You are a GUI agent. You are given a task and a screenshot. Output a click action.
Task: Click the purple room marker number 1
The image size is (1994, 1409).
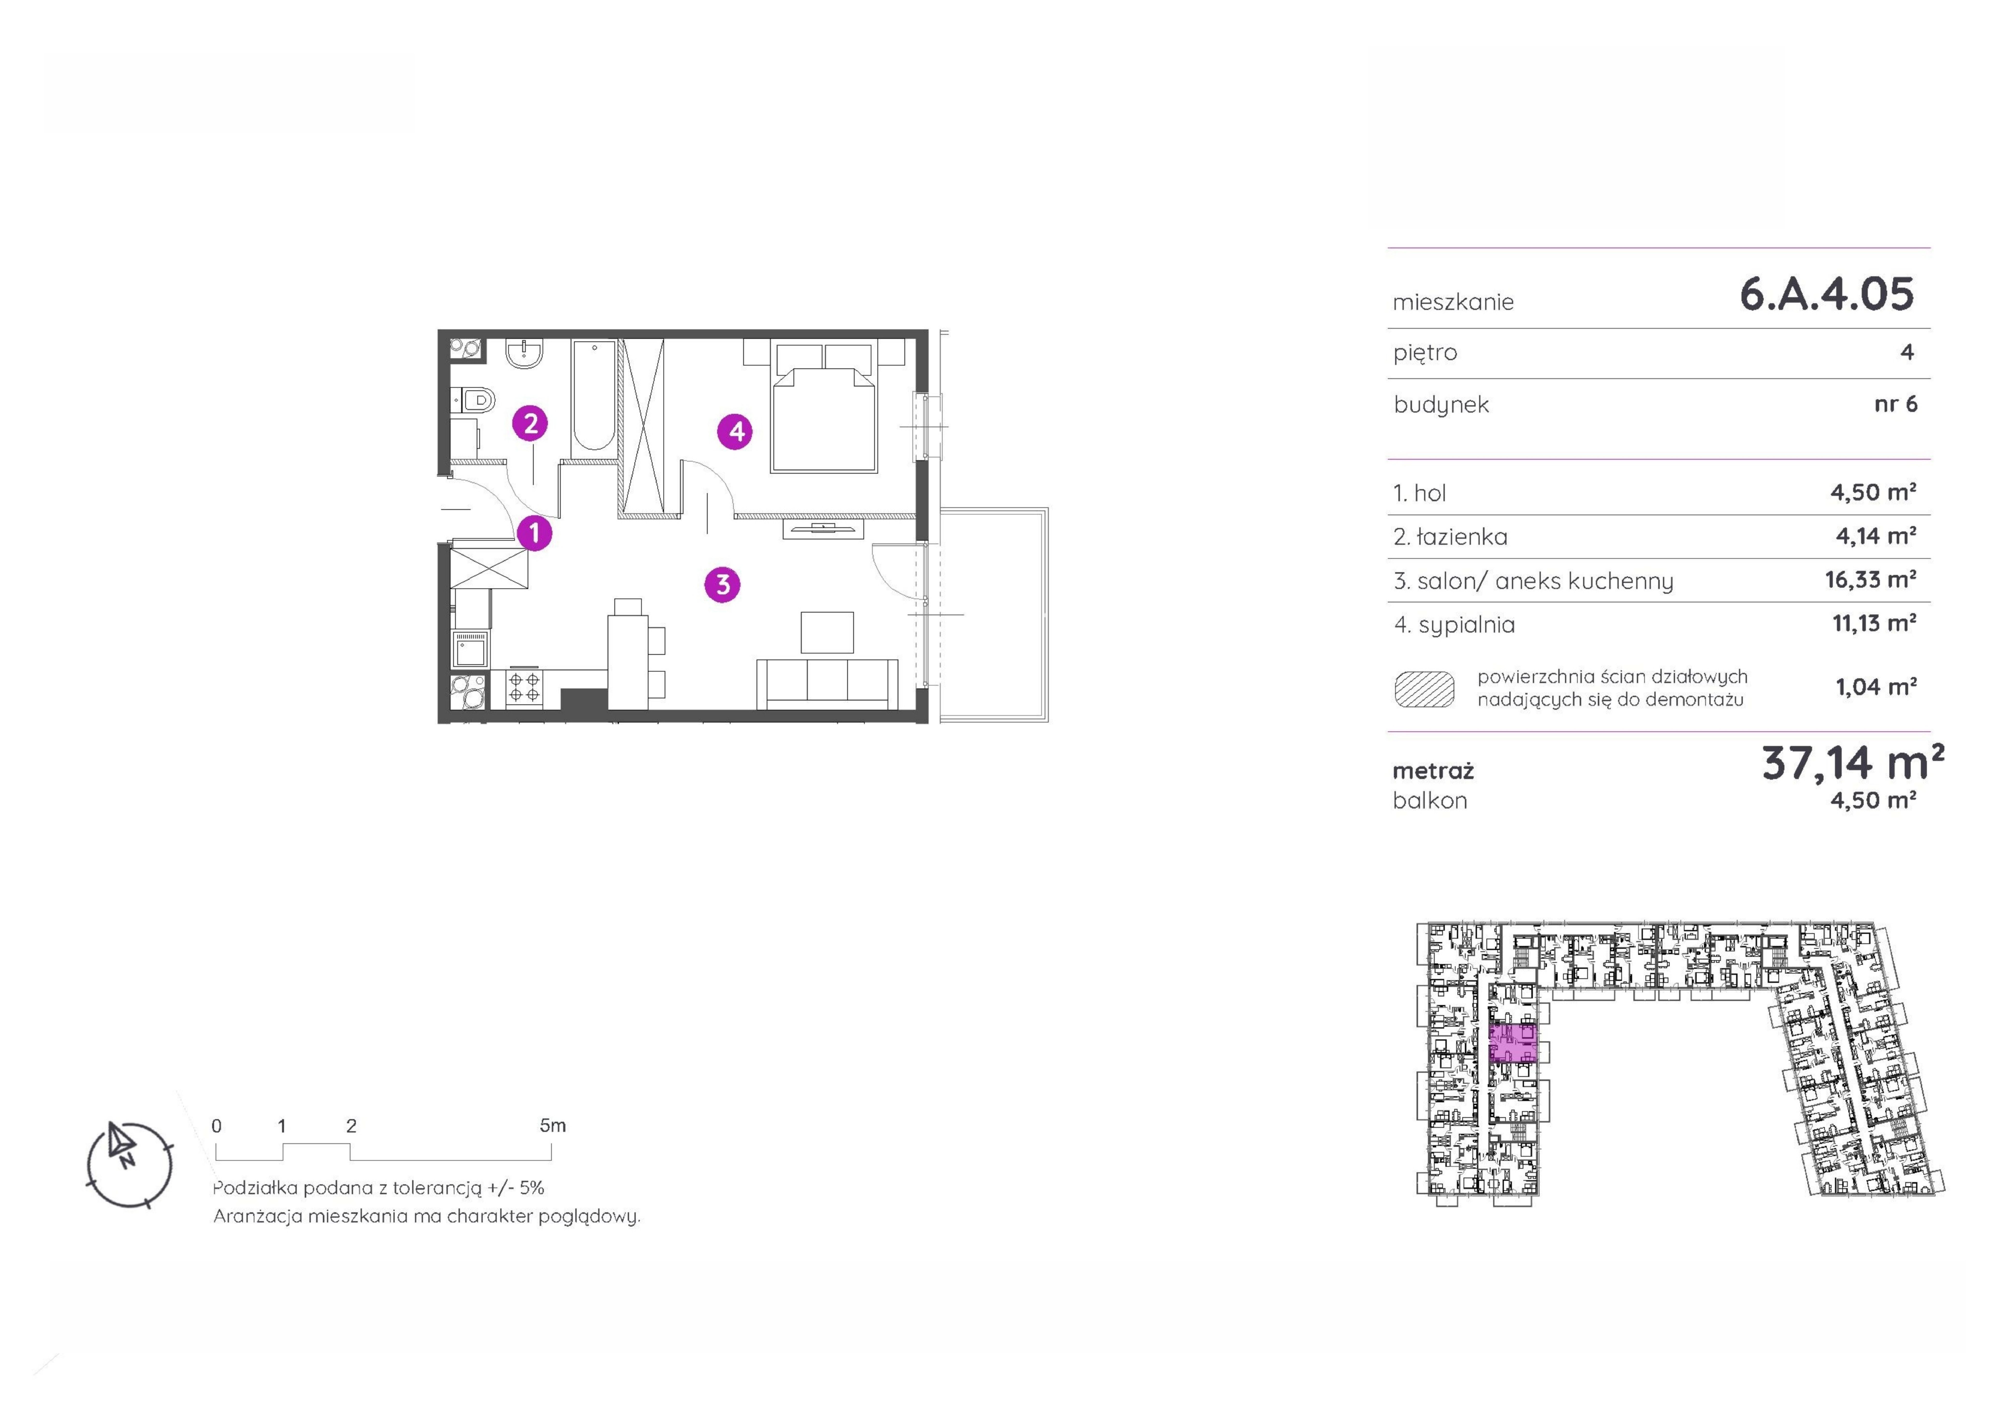(535, 532)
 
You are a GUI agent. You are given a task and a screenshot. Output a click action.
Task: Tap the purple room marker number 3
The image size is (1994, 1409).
(723, 584)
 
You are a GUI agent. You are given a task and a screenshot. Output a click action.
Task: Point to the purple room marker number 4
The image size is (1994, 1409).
(735, 431)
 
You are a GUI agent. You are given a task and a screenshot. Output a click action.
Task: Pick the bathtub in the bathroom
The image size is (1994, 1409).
(594, 395)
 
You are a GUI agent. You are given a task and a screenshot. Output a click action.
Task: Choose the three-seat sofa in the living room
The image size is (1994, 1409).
(827, 683)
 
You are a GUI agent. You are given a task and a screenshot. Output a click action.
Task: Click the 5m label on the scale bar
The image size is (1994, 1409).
(552, 1126)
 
